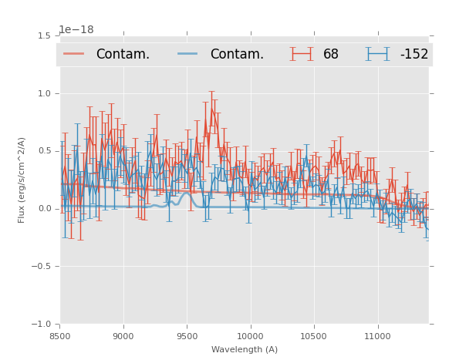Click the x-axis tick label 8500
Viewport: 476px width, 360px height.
pyautogui.click(x=60, y=336)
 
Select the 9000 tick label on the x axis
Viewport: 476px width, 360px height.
pyautogui.click(x=123, y=336)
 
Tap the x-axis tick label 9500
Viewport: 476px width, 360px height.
pyautogui.click(x=187, y=336)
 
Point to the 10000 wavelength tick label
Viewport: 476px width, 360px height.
pyautogui.click(x=250, y=336)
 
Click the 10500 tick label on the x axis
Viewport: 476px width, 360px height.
pyautogui.click(x=313, y=336)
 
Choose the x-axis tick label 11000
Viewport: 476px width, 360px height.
pyautogui.click(x=377, y=336)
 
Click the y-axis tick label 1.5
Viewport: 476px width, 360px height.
pyautogui.click(x=43, y=35)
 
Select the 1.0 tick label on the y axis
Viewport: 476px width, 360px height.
pyautogui.click(x=43, y=93)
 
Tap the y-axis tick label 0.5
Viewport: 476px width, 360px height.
pyautogui.click(x=43, y=151)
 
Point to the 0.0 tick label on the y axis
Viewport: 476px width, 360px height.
pyautogui.click(x=43, y=209)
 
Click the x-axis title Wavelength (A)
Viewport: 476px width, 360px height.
pyautogui.click(x=245, y=350)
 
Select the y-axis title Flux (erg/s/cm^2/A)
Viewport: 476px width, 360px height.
pyautogui.click(x=22, y=180)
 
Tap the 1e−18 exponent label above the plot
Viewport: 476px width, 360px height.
pyautogui.click(x=76, y=29)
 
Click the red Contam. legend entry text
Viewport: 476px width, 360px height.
pyautogui.click(x=123, y=54)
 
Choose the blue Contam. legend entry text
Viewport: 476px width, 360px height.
pyautogui.click(x=237, y=54)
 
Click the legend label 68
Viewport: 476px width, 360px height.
pyautogui.click(x=331, y=54)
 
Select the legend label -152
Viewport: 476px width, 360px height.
pyautogui.click(x=414, y=54)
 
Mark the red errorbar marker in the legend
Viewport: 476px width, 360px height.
pyautogui.click(x=302, y=54)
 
